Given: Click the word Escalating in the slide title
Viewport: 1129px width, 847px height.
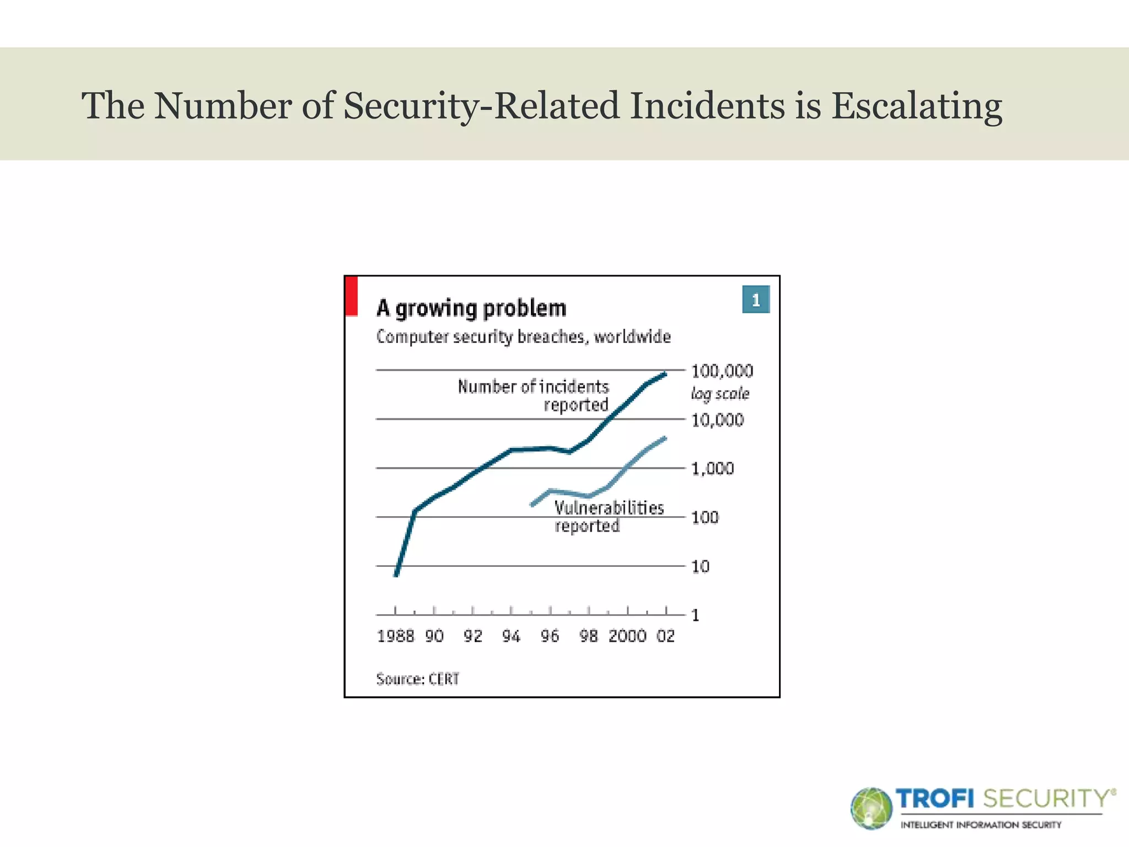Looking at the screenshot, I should [916, 106].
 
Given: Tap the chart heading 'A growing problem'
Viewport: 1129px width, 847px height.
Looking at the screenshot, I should [471, 308].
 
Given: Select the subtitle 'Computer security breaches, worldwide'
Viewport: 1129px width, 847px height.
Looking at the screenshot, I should [523, 337].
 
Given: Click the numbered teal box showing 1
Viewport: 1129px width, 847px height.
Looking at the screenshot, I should [755, 300].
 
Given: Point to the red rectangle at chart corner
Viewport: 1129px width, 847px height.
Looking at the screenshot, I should [351, 296].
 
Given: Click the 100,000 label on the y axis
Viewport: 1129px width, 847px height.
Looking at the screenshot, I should [722, 371].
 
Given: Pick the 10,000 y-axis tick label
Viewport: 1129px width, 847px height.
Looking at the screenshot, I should [717, 420].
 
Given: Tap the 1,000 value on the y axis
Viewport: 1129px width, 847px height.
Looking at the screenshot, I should [712, 469].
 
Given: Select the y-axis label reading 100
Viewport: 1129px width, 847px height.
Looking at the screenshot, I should [705, 518].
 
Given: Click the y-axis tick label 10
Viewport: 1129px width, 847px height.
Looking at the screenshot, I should [700, 566].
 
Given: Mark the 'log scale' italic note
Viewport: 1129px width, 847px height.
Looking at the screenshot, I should [720, 394].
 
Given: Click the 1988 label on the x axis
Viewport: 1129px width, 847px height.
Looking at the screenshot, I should [395, 636].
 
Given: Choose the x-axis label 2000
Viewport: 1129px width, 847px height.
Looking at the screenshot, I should [627, 636].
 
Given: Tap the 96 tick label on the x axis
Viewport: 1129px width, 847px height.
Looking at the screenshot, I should [550, 636].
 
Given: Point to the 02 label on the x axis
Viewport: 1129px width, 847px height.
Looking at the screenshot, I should [665, 636].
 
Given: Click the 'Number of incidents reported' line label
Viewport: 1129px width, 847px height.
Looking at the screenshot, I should [534, 395].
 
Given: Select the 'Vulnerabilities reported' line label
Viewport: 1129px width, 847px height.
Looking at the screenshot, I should [609, 516].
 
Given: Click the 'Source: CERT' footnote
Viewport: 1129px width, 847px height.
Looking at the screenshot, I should [417, 679].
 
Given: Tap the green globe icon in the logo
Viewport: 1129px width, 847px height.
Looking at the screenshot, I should [870, 808].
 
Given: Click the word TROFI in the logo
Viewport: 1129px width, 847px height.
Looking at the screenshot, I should [935, 798].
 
